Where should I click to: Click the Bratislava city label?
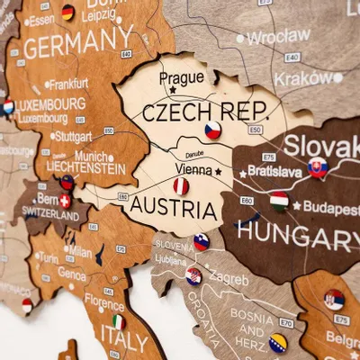pos(274,170)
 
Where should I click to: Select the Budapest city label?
pos(330,206)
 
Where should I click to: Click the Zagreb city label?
pos(229,279)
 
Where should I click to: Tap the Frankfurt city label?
pos(67,84)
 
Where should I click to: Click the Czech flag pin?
pos(212,130)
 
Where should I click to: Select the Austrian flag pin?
pos(181,186)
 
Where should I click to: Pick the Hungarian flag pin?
pos(279,201)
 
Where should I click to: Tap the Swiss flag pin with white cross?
pos(65,201)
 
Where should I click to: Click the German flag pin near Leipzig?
pos(67,13)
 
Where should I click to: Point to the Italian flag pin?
pos(117,321)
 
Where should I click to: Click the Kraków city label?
pos(302,78)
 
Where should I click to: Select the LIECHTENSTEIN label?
pos(86,168)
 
